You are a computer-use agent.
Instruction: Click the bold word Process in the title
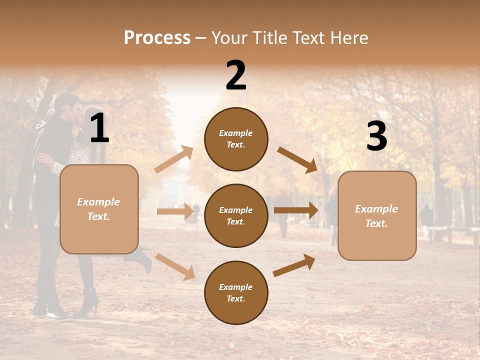click(x=157, y=37)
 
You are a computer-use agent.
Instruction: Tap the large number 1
click(x=99, y=128)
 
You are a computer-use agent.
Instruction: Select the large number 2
click(x=236, y=75)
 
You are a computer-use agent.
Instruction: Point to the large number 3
click(x=376, y=136)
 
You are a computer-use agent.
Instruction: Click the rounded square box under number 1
click(x=99, y=209)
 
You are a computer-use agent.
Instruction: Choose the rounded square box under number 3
click(x=377, y=215)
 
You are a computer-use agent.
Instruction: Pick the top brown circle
click(x=236, y=139)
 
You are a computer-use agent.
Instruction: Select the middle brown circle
click(x=236, y=215)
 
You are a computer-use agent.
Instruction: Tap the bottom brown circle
click(x=236, y=292)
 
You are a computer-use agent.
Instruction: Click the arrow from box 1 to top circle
click(x=174, y=159)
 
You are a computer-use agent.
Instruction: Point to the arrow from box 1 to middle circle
click(x=175, y=211)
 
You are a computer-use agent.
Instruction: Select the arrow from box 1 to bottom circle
click(x=175, y=266)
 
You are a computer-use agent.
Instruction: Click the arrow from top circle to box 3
click(x=297, y=159)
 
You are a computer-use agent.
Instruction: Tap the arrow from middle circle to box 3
click(x=296, y=210)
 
